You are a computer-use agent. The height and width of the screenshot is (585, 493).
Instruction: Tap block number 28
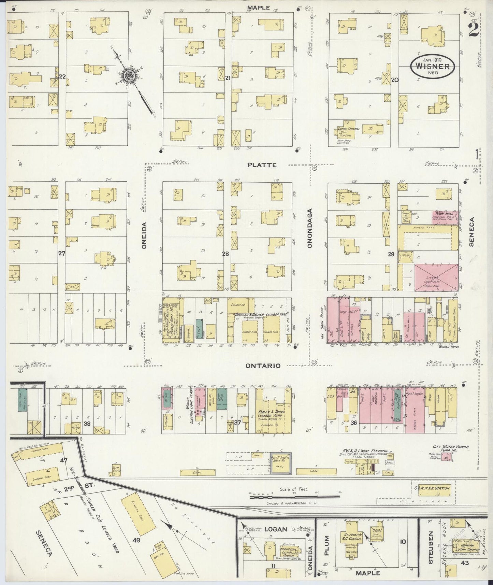[225, 254]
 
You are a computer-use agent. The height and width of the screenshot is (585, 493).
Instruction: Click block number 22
[62, 76]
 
